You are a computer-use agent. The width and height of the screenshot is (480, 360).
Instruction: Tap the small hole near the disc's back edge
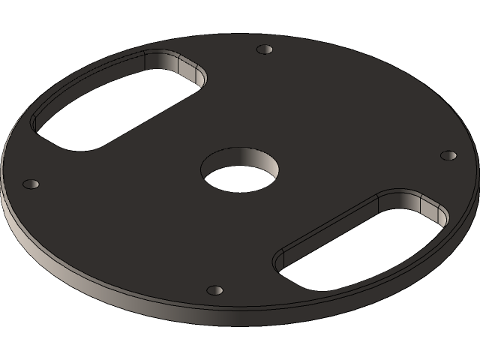coord(264,49)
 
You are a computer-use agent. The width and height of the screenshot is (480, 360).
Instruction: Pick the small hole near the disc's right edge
coord(448,155)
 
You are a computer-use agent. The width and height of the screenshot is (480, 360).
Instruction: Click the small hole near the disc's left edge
coord(31,184)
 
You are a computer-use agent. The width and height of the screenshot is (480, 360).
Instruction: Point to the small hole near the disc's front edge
coord(215,289)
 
